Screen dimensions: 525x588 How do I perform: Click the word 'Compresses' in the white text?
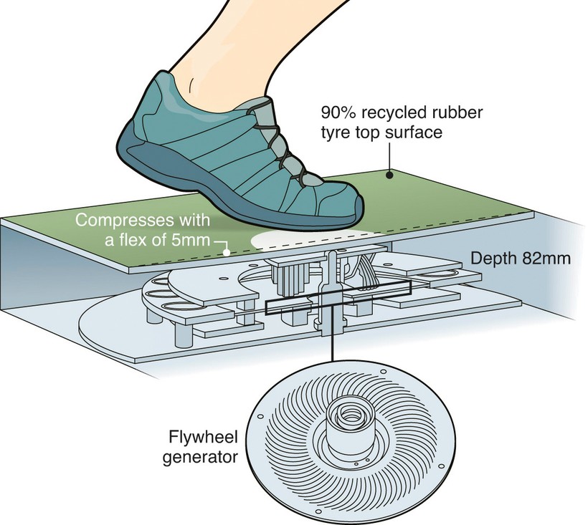116,219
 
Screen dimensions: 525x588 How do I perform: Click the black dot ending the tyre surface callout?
388,173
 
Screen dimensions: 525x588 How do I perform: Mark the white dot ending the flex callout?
227,251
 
